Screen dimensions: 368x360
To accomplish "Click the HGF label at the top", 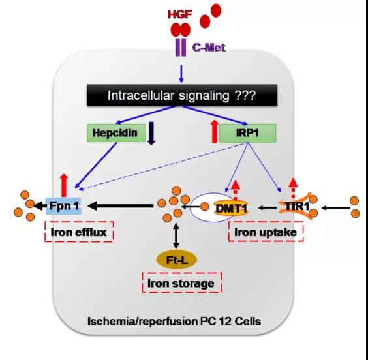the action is pyautogui.click(x=180, y=14).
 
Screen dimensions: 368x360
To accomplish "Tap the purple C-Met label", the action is pyautogui.click(x=209, y=48).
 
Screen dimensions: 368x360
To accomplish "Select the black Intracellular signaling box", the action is pyautogui.click(x=182, y=95).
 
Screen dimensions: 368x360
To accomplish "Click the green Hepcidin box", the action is pyautogui.click(x=116, y=133).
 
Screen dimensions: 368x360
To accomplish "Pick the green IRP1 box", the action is pyautogui.click(x=247, y=133).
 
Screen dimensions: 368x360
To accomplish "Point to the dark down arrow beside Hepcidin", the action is pyautogui.click(x=151, y=133).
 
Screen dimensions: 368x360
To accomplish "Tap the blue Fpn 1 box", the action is pyautogui.click(x=64, y=206).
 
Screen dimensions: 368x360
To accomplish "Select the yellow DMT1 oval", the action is pyautogui.click(x=231, y=207).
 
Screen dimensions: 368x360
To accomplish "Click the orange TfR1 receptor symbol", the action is pyautogui.click(x=296, y=206).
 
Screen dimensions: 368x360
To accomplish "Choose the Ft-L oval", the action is pyautogui.click(x=176, y=260).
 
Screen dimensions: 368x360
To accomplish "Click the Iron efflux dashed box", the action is pyautogui.click(x=80, y=232).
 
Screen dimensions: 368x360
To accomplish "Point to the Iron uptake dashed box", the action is pyautogui.click(x=266, y=232).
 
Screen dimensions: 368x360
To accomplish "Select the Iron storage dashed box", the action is pyautogui.click(x=182, y=283).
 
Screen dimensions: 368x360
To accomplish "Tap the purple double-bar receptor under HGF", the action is pyautogui.click(x=181, y=48).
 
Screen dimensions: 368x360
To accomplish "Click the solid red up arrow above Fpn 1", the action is pyautogui.click(x=64, y=186).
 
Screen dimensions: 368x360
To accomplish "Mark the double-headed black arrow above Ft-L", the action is pyautogui.click(x=176, y=235).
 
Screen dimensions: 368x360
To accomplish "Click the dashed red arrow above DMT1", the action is pyautogui.click(x=236, y=190).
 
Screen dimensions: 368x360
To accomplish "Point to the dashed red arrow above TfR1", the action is pyautogui.click(x=293, y=188).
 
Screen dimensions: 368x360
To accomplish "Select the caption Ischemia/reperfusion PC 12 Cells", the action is pyautogui.click(x=174, y=321).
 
